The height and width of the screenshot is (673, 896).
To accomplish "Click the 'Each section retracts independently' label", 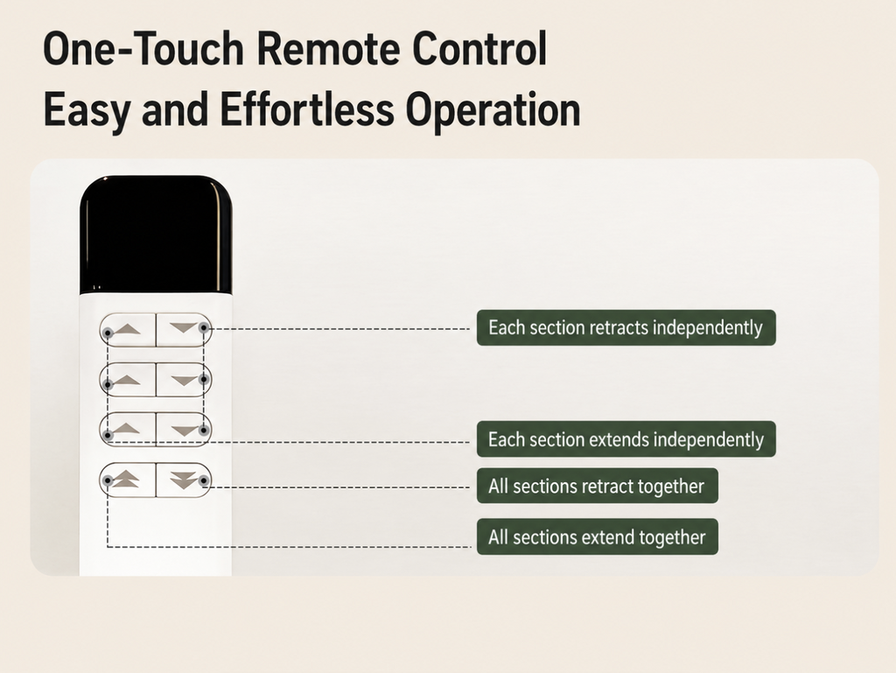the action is pyautogui.click(x=626, y=327).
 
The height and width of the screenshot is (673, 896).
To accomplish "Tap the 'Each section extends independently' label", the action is pyautogui.click(x=626, y=438).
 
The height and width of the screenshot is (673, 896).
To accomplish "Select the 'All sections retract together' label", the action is pyautogui.click(x=597, y=486).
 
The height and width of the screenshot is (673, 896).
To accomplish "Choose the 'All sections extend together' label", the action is pyautogui.click(x=597, y=536).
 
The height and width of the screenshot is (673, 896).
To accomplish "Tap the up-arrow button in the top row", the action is pyautogui.click(x=128, y=330).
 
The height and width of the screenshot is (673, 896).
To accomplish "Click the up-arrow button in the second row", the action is pyautogui.click(x=128, y=380).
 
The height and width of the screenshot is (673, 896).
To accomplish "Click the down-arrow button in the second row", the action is pyautogui.click(x=184, y=380).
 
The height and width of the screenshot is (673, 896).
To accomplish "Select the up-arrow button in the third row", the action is pyautogui.click(x=128, y=430).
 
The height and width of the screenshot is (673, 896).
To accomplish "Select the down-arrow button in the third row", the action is pyautogui.click(x=184, y=430).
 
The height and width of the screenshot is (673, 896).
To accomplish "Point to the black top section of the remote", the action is pyautogui.click(x=156, y=235).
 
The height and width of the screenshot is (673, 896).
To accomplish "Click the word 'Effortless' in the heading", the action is pyautogui.click(x=307, y=109).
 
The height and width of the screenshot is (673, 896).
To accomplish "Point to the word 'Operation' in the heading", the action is pyautogui.click(x=493, y=112).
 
